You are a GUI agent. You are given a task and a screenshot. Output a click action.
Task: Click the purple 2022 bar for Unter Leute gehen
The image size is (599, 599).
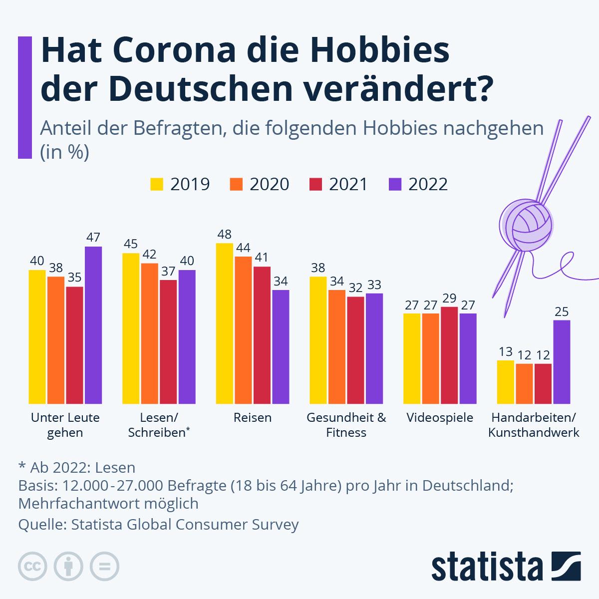[x=93, y=324]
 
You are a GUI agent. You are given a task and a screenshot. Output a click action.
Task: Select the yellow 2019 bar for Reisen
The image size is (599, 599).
[x=224, y=323]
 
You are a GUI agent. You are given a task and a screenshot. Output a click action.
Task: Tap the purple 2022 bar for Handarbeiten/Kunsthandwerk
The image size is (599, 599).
[x=562, y=362]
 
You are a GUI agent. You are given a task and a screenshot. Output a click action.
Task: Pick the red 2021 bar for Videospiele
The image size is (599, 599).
[x=449, y=355]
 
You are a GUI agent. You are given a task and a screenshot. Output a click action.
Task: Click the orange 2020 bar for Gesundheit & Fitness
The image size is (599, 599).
[x=337, y=346]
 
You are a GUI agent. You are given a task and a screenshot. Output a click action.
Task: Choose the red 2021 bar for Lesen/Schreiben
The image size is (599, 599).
[x=168, y=341]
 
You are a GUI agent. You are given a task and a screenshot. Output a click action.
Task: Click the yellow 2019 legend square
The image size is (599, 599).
[x=157, y=184]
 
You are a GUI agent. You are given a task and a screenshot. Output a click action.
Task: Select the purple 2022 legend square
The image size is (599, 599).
[x=395, y=184]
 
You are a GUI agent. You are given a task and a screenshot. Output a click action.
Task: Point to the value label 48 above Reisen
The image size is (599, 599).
[x=224, y=234]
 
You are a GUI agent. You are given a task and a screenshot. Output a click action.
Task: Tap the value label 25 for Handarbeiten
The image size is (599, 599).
[x=562, y=312]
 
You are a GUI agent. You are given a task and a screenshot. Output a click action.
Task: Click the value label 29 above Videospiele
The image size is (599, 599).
[x=449, y=298]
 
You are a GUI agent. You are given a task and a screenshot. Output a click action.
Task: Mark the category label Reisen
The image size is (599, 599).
[x=253, y=418]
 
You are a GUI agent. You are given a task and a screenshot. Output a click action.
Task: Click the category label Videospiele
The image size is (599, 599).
[x=440, y=418]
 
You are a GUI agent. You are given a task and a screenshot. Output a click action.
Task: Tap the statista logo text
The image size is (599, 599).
[x=487, y=567]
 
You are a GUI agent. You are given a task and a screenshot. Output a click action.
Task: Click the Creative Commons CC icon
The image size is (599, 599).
[x=32, y=567]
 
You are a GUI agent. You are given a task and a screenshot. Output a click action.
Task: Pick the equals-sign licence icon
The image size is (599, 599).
[x=104, y=567]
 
